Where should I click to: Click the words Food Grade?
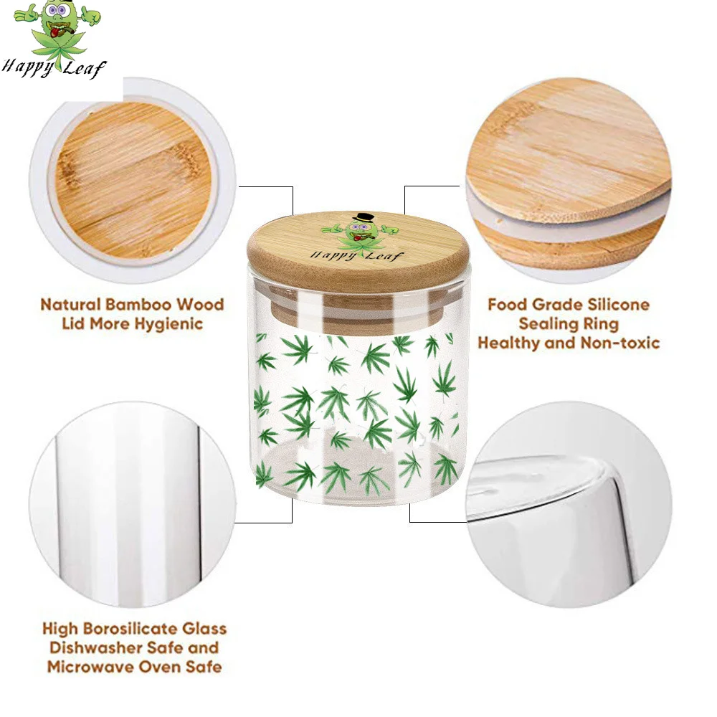522,305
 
